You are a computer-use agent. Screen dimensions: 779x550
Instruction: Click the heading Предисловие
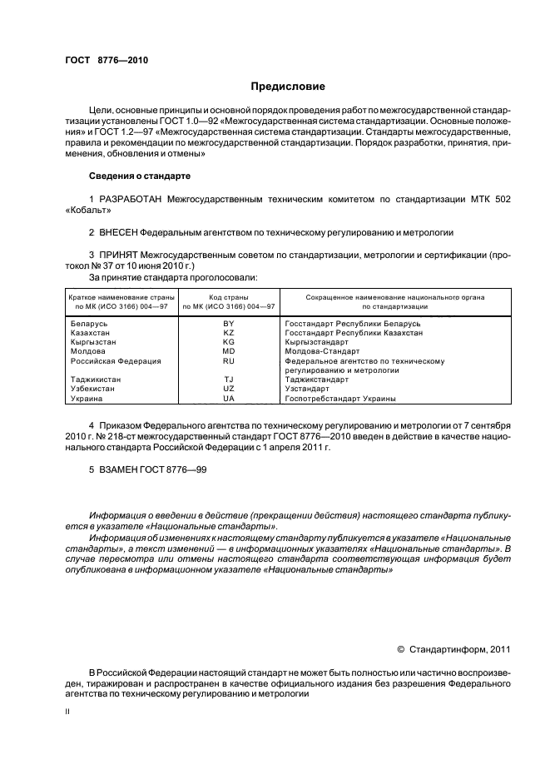pyautogui.click(x=288, y=86)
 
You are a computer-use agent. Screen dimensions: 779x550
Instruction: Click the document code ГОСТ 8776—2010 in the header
pyautogui.click(x=107, y=61)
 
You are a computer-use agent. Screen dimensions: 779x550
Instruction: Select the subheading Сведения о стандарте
pyautogui.click(x=140, y=176)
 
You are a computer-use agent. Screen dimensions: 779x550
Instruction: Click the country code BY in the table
pyautogui.click(x=229, y=322)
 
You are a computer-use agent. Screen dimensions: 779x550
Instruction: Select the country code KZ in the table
pyautogui.click(x=229, y=332)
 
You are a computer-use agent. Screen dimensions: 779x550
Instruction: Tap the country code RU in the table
pyautogui.click(x=229, y=361)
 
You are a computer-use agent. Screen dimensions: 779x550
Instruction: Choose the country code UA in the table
pyautogui.click(x=229, y=399)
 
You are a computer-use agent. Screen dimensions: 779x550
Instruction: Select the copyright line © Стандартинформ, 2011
pyautogui.click(x=454, y=651)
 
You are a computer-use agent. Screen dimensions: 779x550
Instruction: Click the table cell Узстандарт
pyautogui.click(x=307, y=389)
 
